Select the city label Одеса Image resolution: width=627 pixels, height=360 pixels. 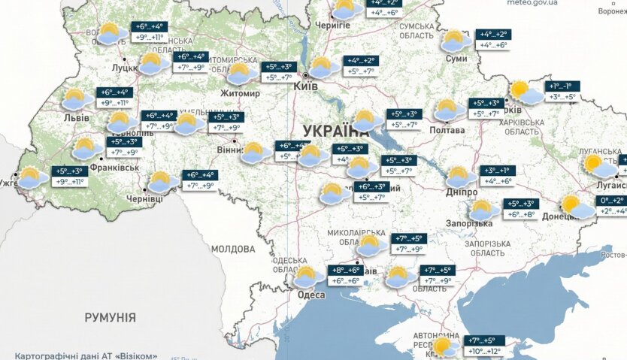click(311, 295)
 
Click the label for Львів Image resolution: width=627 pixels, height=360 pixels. click(76, 118)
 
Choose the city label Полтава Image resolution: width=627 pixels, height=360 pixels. click(447, 130)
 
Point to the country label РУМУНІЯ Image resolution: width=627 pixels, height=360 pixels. click(110, 317)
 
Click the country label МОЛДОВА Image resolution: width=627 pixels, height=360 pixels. click(233, 249)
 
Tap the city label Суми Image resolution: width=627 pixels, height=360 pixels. click(456, 59)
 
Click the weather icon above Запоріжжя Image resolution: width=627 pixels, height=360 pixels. click(483, 209)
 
